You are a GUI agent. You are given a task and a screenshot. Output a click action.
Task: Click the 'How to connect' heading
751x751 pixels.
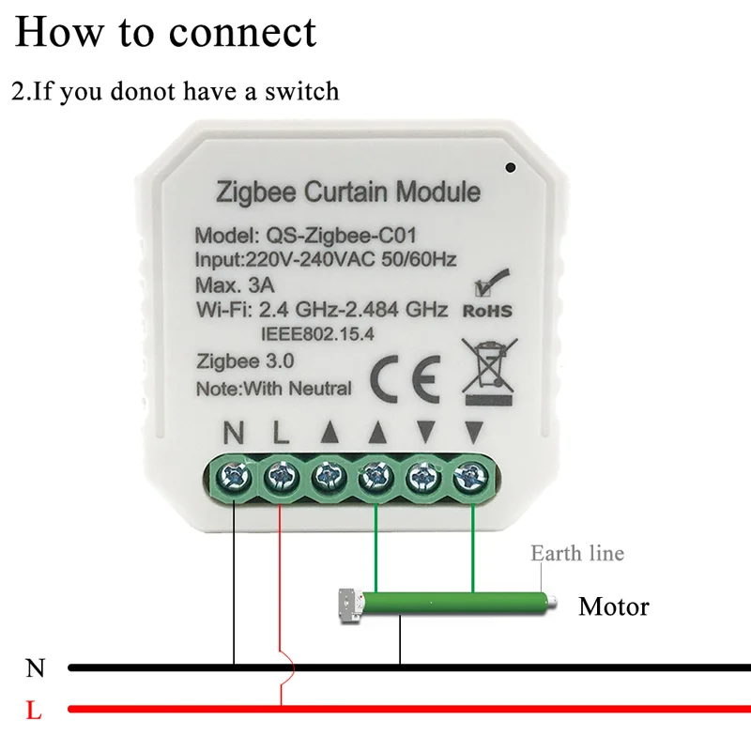165,32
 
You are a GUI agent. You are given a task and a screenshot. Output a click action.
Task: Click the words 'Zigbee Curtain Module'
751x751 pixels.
348,193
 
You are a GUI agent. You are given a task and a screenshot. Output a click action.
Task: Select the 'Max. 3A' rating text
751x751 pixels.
230,284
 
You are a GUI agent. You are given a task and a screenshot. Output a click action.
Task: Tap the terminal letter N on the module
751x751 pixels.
232,433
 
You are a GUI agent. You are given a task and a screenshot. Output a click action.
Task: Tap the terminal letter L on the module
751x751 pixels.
279,433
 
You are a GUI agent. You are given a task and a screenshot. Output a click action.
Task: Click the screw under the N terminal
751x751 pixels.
233,479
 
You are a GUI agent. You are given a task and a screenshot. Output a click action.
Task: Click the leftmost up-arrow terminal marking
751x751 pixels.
328,433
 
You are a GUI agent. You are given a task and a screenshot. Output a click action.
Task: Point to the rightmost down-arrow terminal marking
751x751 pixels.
473,433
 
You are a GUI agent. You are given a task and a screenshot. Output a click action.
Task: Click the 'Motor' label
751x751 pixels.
613,606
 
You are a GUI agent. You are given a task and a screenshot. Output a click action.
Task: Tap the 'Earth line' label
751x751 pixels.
576,553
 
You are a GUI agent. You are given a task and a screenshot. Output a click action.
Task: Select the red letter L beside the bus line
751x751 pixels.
34,710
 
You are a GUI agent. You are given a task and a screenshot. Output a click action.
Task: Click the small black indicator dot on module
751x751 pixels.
510,169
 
